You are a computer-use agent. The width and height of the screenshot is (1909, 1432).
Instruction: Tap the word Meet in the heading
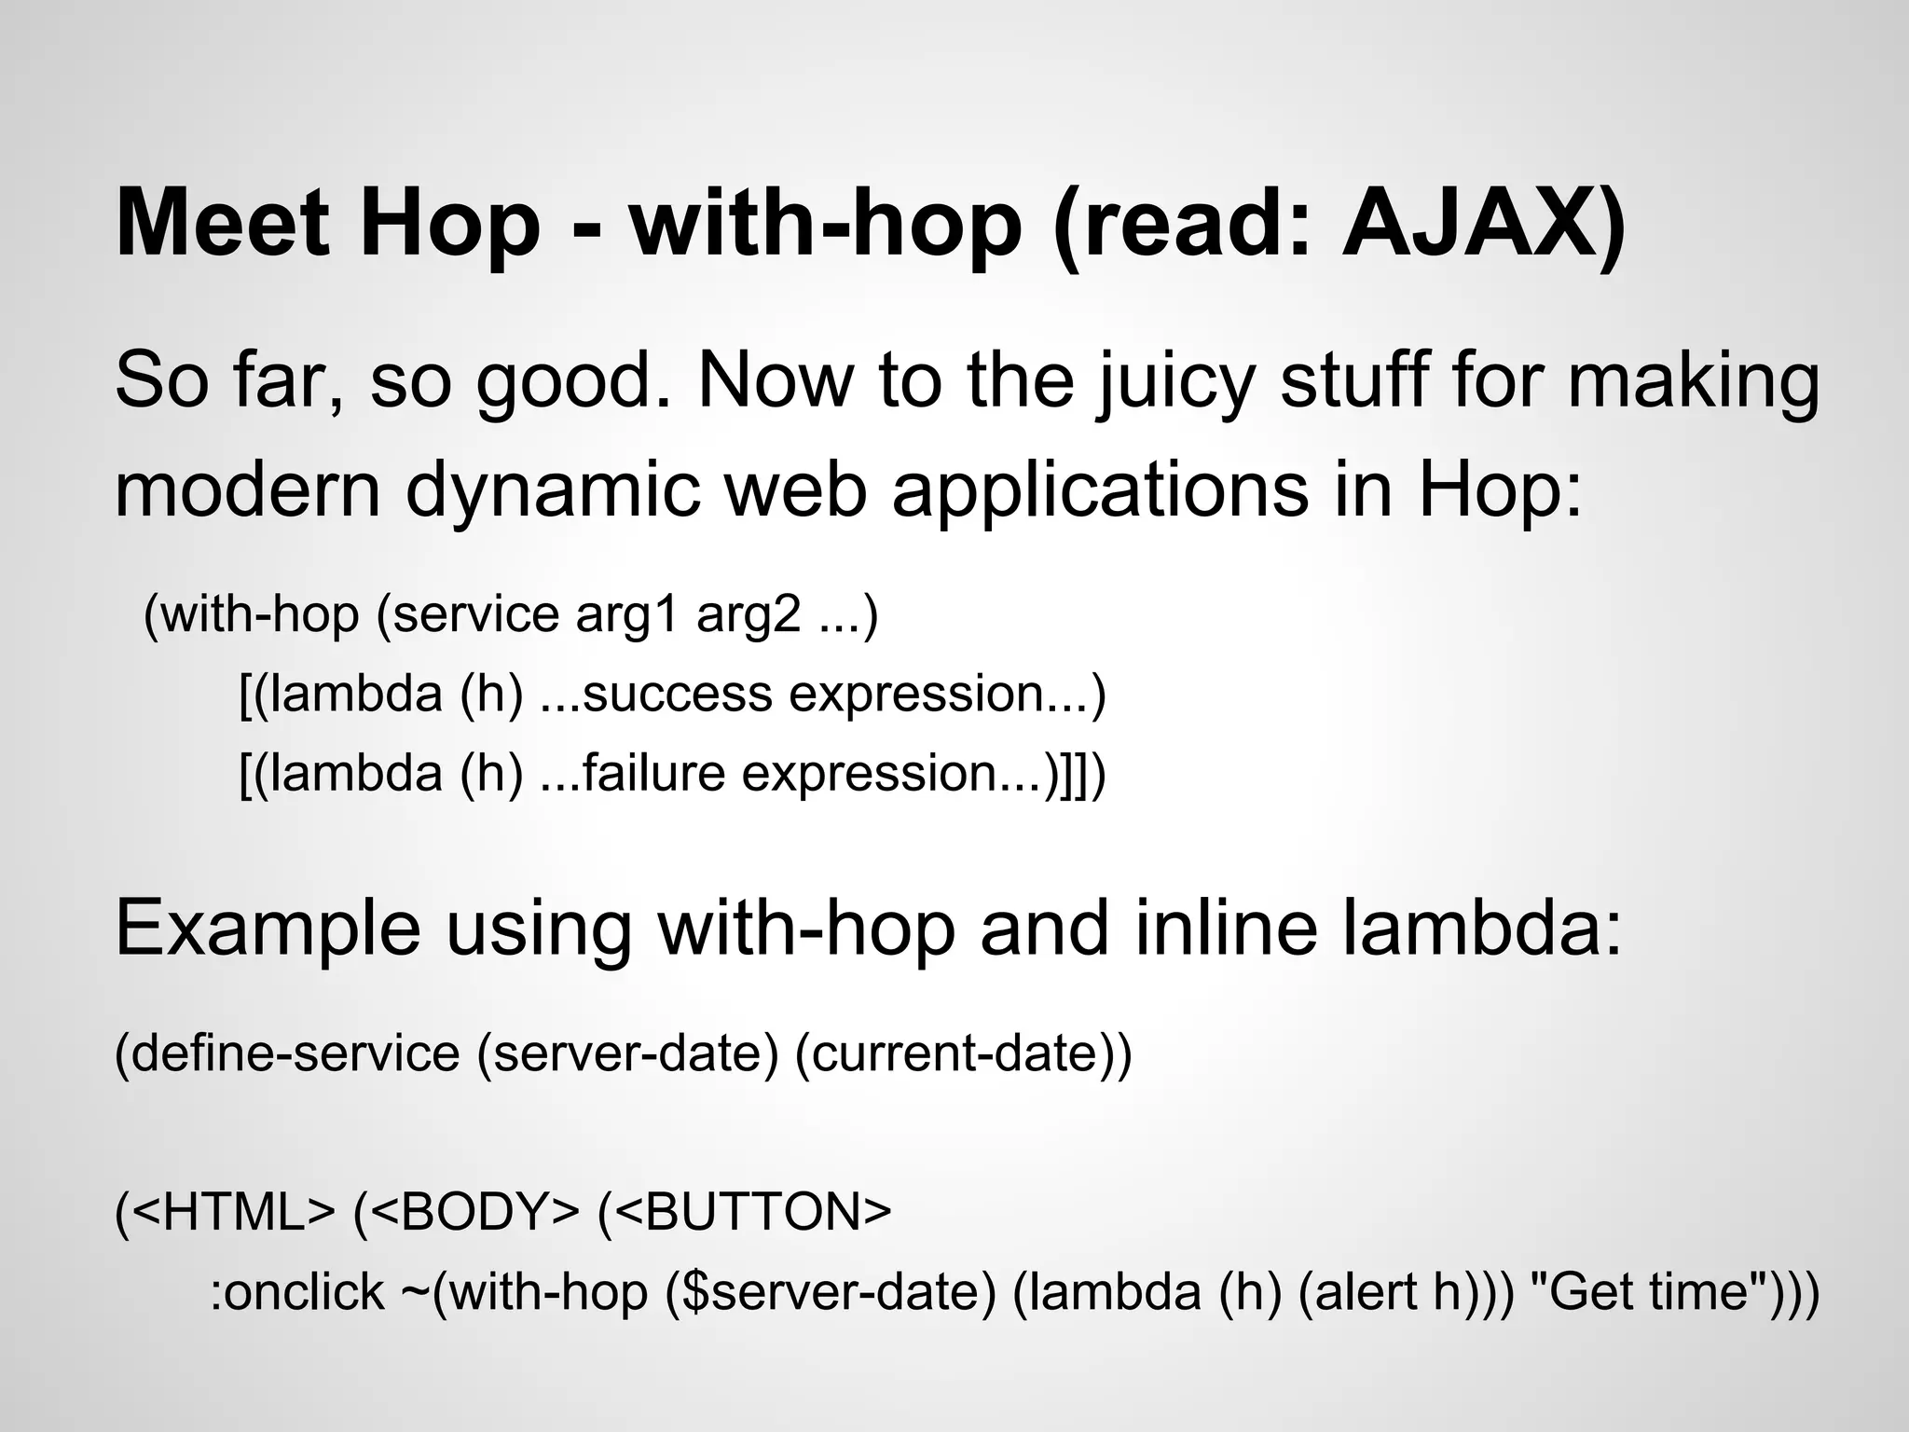pyautogui.click(x=223, y=224)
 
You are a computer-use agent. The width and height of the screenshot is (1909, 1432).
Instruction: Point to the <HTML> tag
pyautogui.click(x=233, y=1212)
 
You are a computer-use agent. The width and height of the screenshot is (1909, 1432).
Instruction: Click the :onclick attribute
pyautogui.click(x=296, y=1292)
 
